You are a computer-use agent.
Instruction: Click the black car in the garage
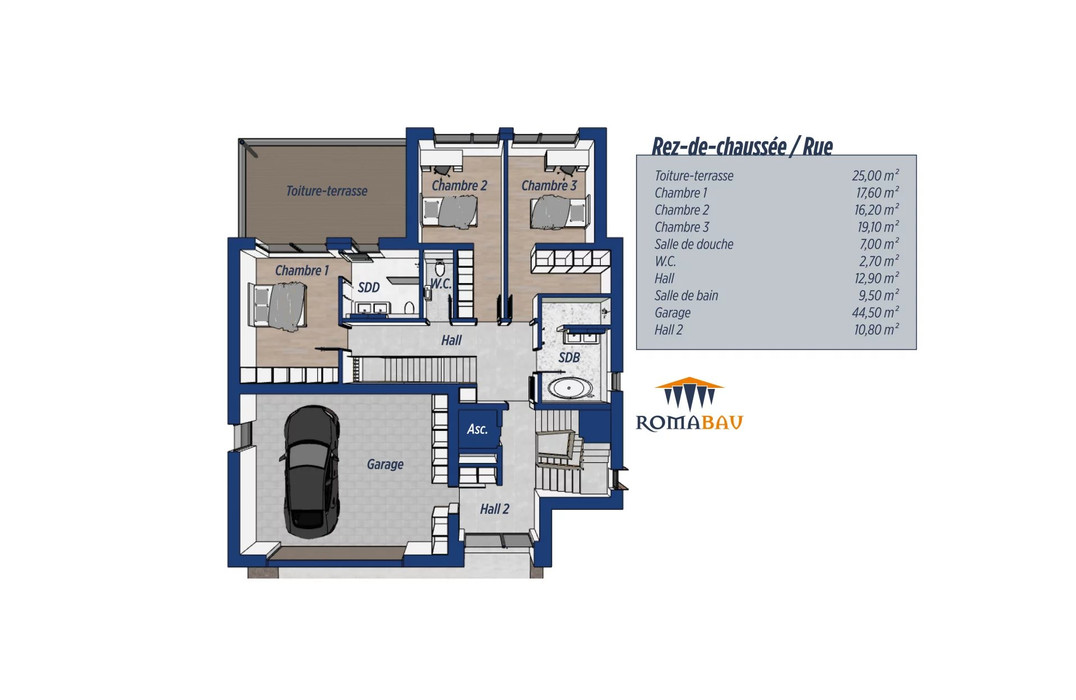pos(310,471)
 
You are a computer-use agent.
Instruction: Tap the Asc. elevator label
pos(477,430)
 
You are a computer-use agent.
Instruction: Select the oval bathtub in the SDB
pos(570,388)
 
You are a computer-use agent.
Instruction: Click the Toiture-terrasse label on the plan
pos(327,191)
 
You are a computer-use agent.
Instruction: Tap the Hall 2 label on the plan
pos(494,509)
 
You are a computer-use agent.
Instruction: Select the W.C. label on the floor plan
pos(441,283)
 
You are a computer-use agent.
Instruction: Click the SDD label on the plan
pos(369,288)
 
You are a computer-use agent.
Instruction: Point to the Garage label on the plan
pos(385,465)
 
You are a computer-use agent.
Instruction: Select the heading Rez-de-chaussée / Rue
pos(742,146)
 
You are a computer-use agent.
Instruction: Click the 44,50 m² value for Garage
pos(876,312)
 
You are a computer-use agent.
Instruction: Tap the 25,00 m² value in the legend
pos(876,176)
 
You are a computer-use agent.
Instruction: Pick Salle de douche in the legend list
pos(694,244)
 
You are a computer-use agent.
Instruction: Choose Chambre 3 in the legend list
pos(681,227)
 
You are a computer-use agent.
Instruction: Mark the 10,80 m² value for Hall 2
pos(876,329)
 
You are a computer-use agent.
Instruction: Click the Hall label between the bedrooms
pos(452,340)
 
